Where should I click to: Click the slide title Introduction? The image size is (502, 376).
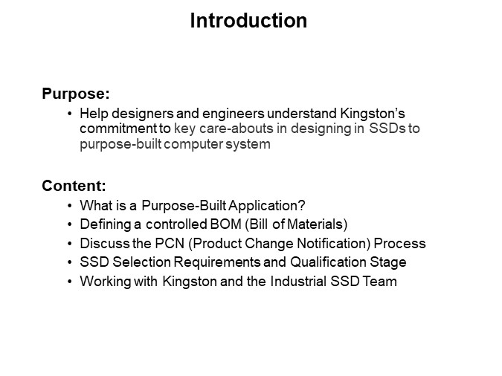248,21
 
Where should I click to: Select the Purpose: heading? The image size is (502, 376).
76,94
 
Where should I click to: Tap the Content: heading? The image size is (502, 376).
74,185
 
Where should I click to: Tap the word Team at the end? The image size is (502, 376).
382,282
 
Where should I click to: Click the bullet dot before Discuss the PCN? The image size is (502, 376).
70,244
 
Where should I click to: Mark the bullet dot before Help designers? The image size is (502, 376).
70,114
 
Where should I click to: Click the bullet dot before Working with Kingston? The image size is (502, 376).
70,282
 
